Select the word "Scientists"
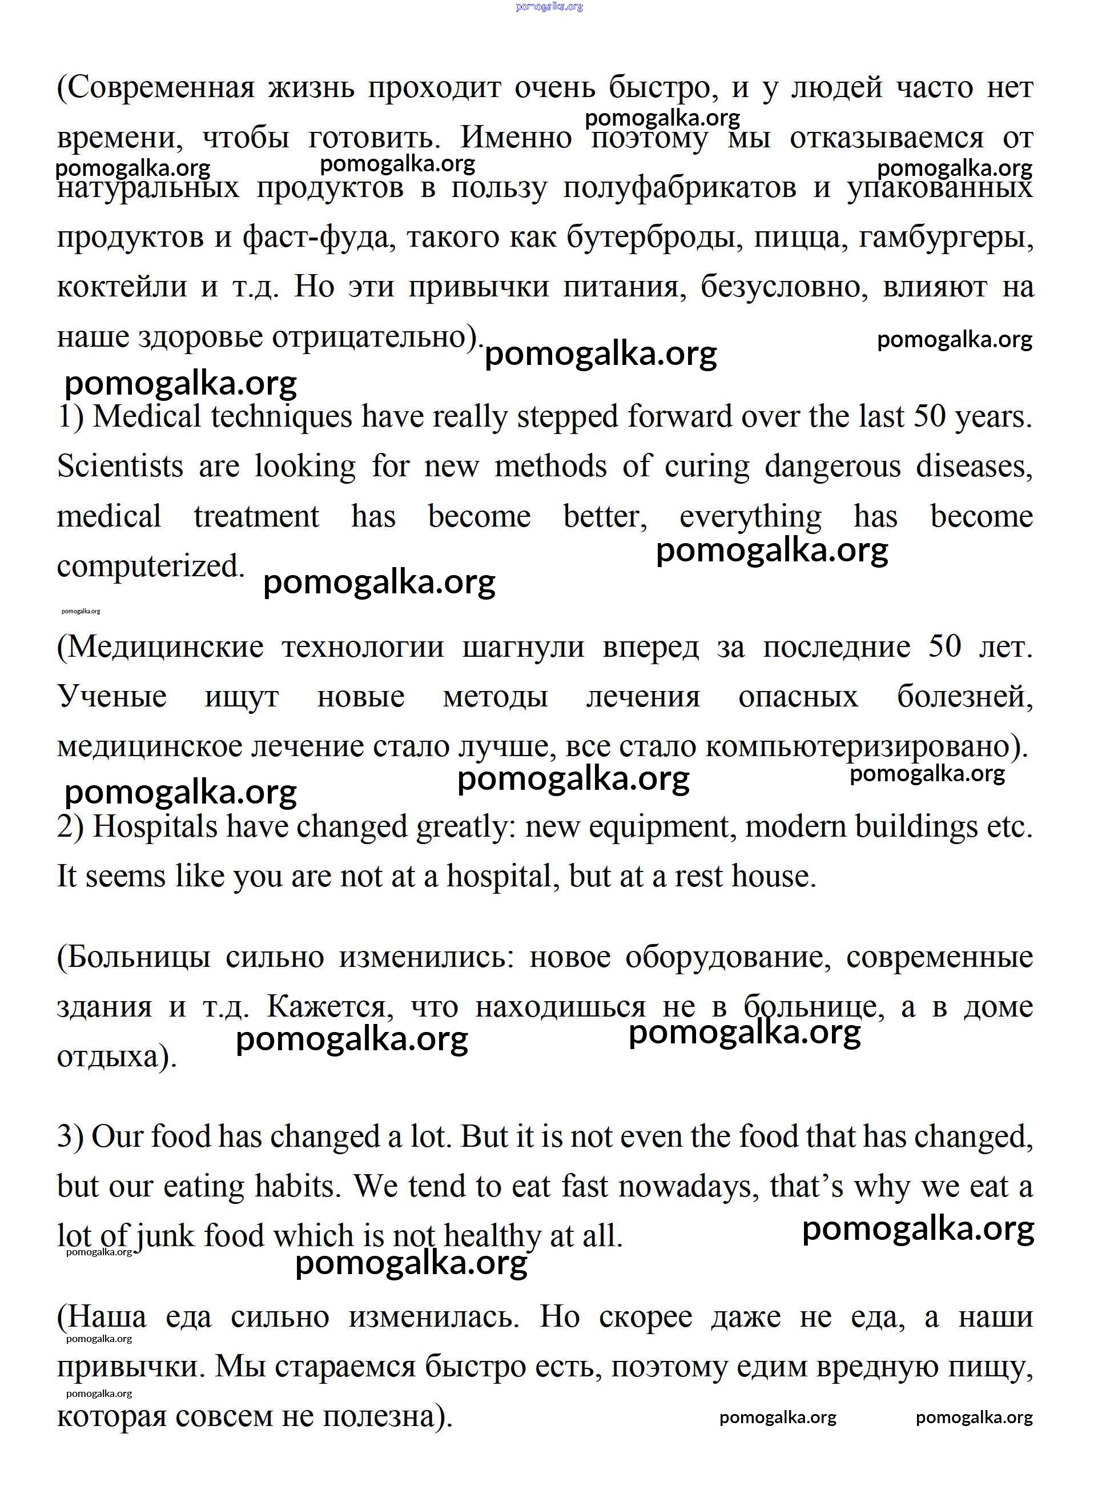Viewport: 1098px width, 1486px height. point(120,467)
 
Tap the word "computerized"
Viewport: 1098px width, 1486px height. point(150,567)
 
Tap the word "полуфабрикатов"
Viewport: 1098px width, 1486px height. point(679,188)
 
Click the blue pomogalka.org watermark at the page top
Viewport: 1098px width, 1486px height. point(549,7)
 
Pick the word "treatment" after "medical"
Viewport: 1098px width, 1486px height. point(256,517)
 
